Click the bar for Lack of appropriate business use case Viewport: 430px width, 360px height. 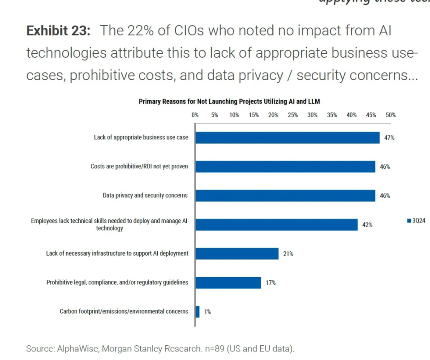[287, 137]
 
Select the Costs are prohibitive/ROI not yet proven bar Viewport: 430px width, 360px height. [285, 167]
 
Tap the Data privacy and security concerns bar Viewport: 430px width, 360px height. [285, 196]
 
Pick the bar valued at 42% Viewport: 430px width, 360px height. [276, 225]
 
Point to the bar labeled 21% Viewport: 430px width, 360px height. [237, 253]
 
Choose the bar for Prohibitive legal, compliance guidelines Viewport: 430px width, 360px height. [228, 283]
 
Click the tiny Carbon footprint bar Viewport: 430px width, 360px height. [198, 312]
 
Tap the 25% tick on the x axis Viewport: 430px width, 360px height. [293, 115]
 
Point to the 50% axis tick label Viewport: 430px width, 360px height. [391, 115]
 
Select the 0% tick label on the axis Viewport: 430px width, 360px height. [195, 115]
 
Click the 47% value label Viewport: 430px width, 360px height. [389, 138]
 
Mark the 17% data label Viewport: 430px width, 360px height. [271, 283]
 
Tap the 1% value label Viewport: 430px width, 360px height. [207, 312]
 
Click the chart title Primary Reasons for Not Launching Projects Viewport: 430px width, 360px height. [229, 102]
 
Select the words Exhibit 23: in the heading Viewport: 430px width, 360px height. [59, 31]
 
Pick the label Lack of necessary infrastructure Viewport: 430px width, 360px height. [117, 253]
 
